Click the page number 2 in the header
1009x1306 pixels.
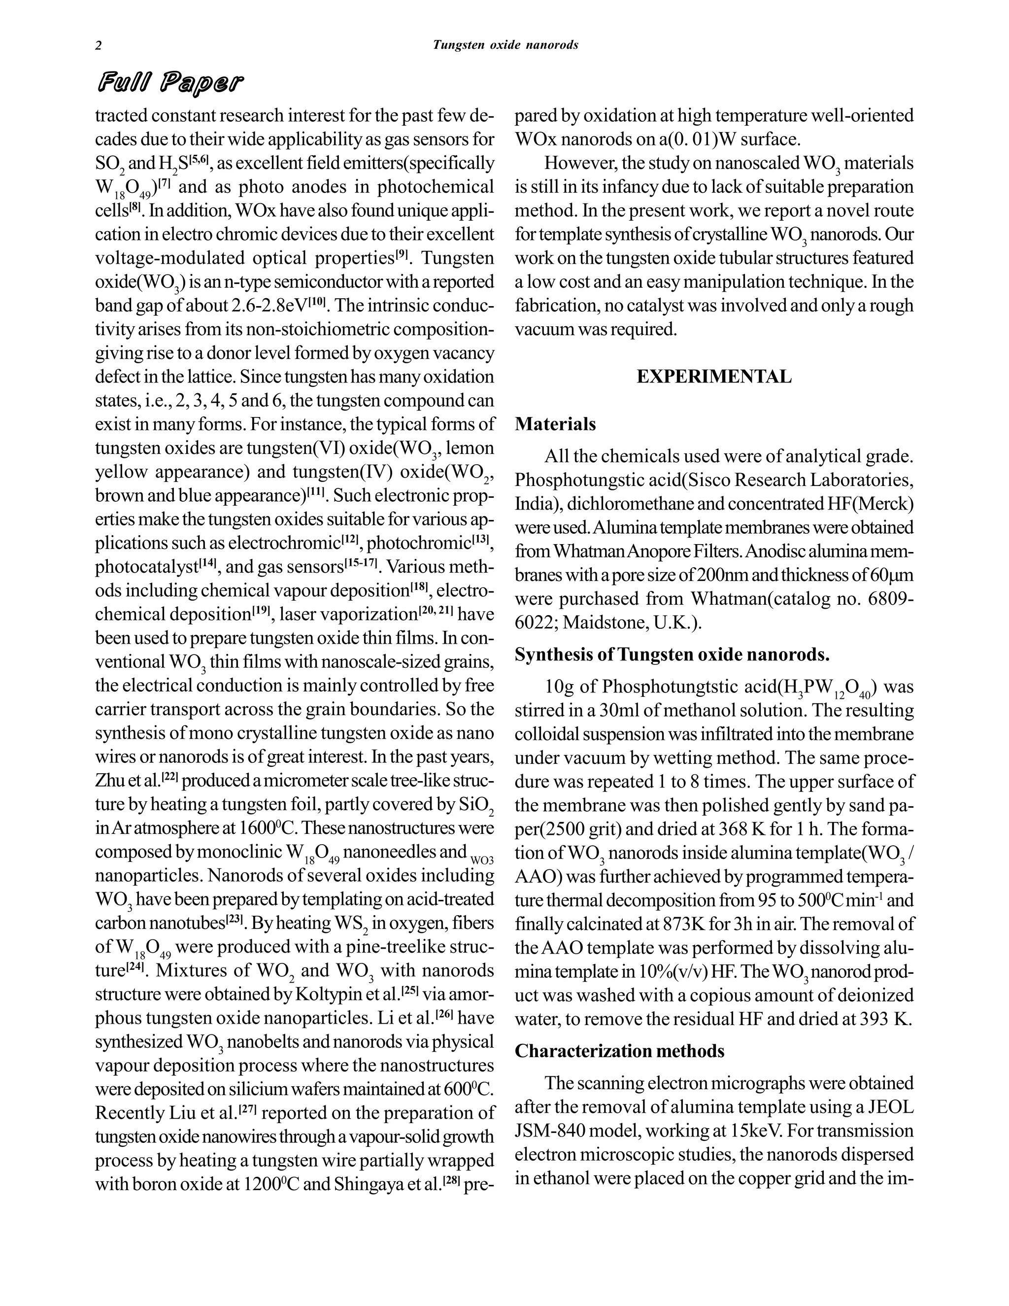click(99, 46)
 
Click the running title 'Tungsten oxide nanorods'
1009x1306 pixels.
click(505, 45)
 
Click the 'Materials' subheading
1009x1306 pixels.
click(555, 424)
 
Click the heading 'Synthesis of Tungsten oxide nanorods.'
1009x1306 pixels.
click(672, 655)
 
